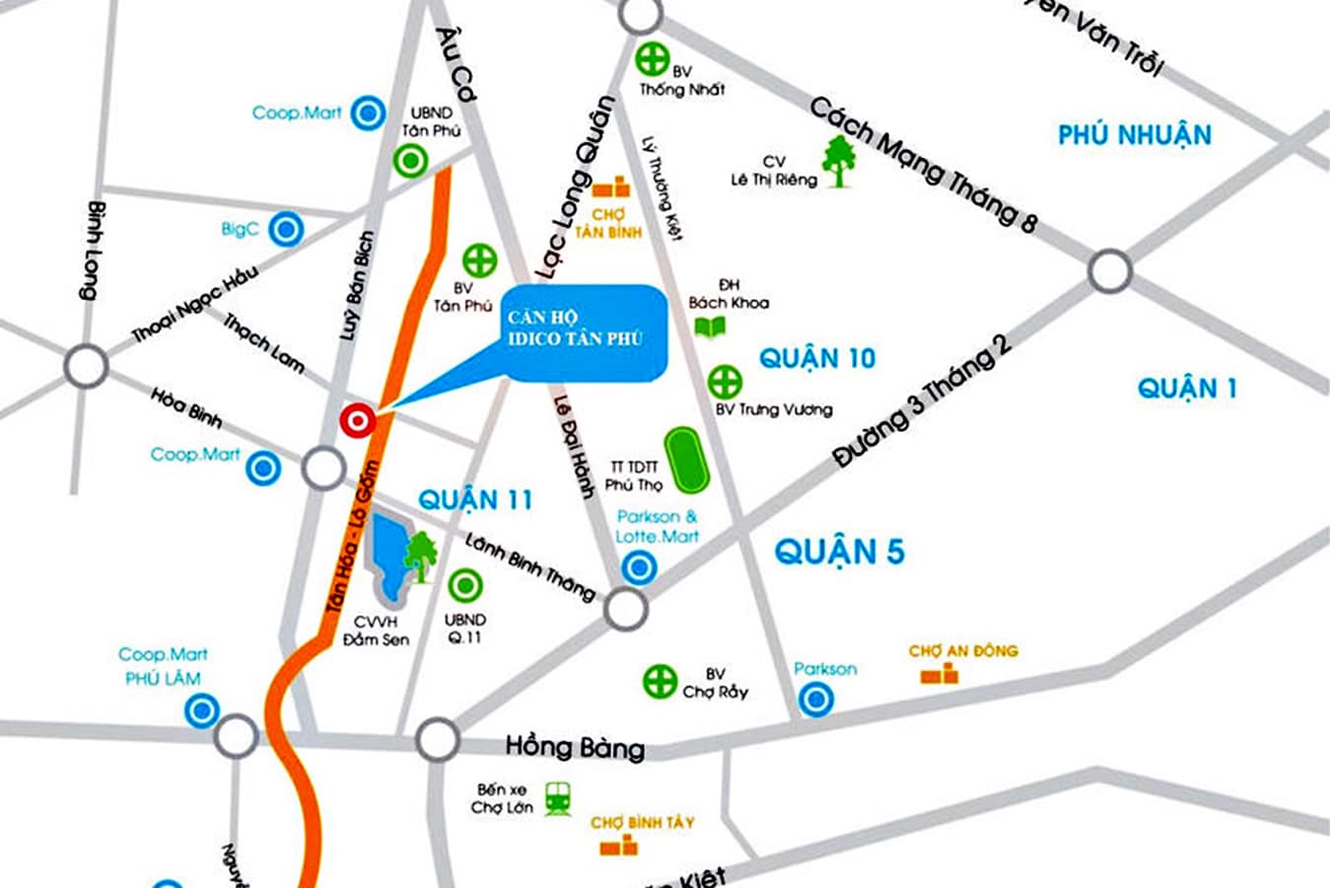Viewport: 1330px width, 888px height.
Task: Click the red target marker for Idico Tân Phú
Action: click(357, 421)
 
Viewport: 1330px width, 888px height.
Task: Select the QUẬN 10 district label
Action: click(816, 358)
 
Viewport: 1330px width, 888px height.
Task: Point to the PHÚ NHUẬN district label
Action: click(1134, 135)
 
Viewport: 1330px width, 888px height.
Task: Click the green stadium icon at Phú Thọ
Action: click(686, 459)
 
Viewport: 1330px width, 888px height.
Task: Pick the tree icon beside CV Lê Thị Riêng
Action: click(839, 162)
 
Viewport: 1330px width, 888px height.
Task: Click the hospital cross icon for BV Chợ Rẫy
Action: click(660, 681)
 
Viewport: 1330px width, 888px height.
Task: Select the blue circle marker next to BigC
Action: click(286, 230)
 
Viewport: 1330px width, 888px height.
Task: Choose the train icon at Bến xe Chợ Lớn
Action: click(559, 797)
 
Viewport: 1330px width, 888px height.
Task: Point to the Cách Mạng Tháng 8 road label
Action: click(923, 166)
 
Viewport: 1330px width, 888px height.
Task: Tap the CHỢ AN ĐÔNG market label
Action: click(962, 651)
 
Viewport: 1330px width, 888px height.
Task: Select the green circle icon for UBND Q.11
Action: click(464, 586)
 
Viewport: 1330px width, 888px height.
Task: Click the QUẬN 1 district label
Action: click(1186, 388)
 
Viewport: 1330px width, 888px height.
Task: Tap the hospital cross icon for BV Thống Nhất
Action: click(652, 59)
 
